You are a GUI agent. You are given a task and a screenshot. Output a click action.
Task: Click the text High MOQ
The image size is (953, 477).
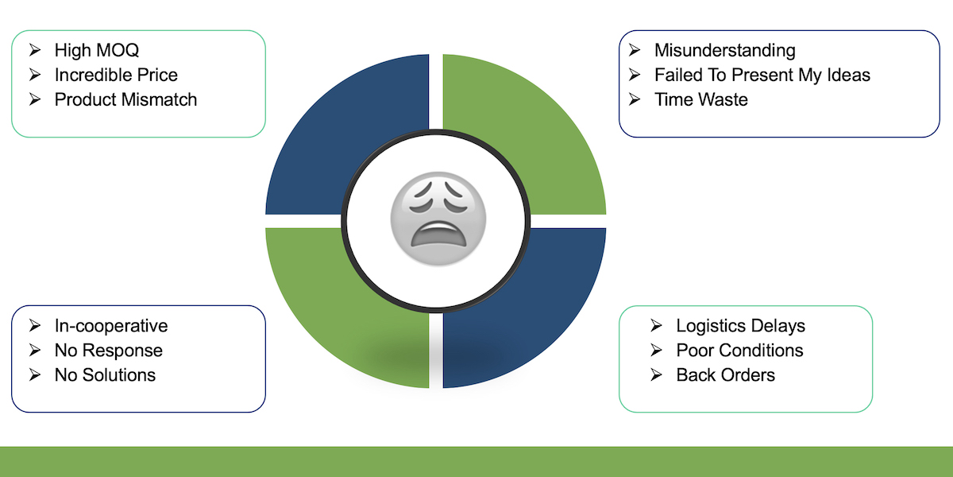[97, 51]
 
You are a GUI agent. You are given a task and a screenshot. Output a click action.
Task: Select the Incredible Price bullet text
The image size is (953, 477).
[116, 75]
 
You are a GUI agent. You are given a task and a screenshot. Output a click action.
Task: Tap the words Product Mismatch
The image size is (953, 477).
[125, 99]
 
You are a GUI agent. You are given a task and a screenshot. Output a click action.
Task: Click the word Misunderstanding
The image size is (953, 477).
[724, 51]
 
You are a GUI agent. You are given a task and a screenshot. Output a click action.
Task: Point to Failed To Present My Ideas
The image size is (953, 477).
[762, 76]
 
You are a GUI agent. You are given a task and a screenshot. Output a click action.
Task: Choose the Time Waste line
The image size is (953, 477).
[700, 99]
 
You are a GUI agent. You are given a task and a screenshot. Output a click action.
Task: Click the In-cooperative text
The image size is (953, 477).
[111, 326]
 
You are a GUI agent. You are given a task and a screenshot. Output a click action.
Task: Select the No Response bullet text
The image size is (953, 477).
[109, 351]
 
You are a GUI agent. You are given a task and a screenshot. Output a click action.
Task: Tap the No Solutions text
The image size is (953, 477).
[105, 375]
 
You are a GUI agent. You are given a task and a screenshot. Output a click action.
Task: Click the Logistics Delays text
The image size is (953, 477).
[740, 326]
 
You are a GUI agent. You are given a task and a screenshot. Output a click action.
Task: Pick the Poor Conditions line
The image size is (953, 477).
[739, 351]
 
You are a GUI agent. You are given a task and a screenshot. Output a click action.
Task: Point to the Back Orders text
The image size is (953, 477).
[725, 375]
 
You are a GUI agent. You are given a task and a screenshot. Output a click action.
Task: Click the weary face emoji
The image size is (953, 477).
[438, 219]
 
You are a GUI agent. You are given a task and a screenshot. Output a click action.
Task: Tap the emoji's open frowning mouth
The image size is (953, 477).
[438, 235]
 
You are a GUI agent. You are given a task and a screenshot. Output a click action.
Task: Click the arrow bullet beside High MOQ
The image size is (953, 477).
[35, 50]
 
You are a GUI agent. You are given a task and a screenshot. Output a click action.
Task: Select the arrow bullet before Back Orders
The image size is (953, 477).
[657, 374]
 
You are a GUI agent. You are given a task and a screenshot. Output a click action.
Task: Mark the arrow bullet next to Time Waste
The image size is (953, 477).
[635, 99]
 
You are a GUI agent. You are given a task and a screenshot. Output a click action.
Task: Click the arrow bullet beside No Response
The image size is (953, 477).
[35, 350]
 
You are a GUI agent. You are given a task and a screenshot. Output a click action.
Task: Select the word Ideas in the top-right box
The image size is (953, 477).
[848, 75]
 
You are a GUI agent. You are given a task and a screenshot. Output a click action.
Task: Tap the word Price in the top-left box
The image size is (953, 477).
[157, 75]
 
